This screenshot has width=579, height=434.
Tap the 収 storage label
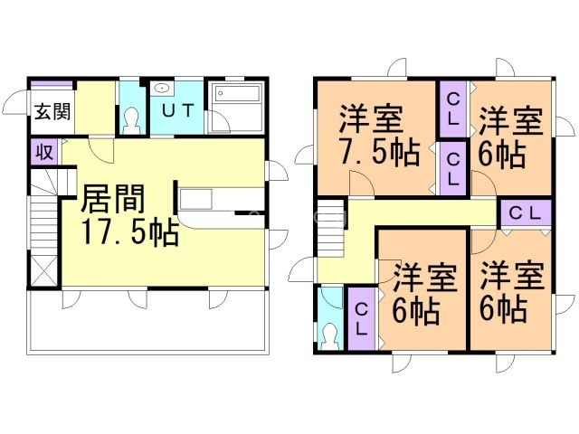[43, 152]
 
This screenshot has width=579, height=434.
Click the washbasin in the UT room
[163, 90]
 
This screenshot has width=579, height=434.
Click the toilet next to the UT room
[132, 118]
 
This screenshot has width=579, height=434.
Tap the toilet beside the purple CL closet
[331, 335]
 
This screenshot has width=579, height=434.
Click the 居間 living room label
[112, 197]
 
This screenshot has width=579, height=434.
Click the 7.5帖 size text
[379, 154]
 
